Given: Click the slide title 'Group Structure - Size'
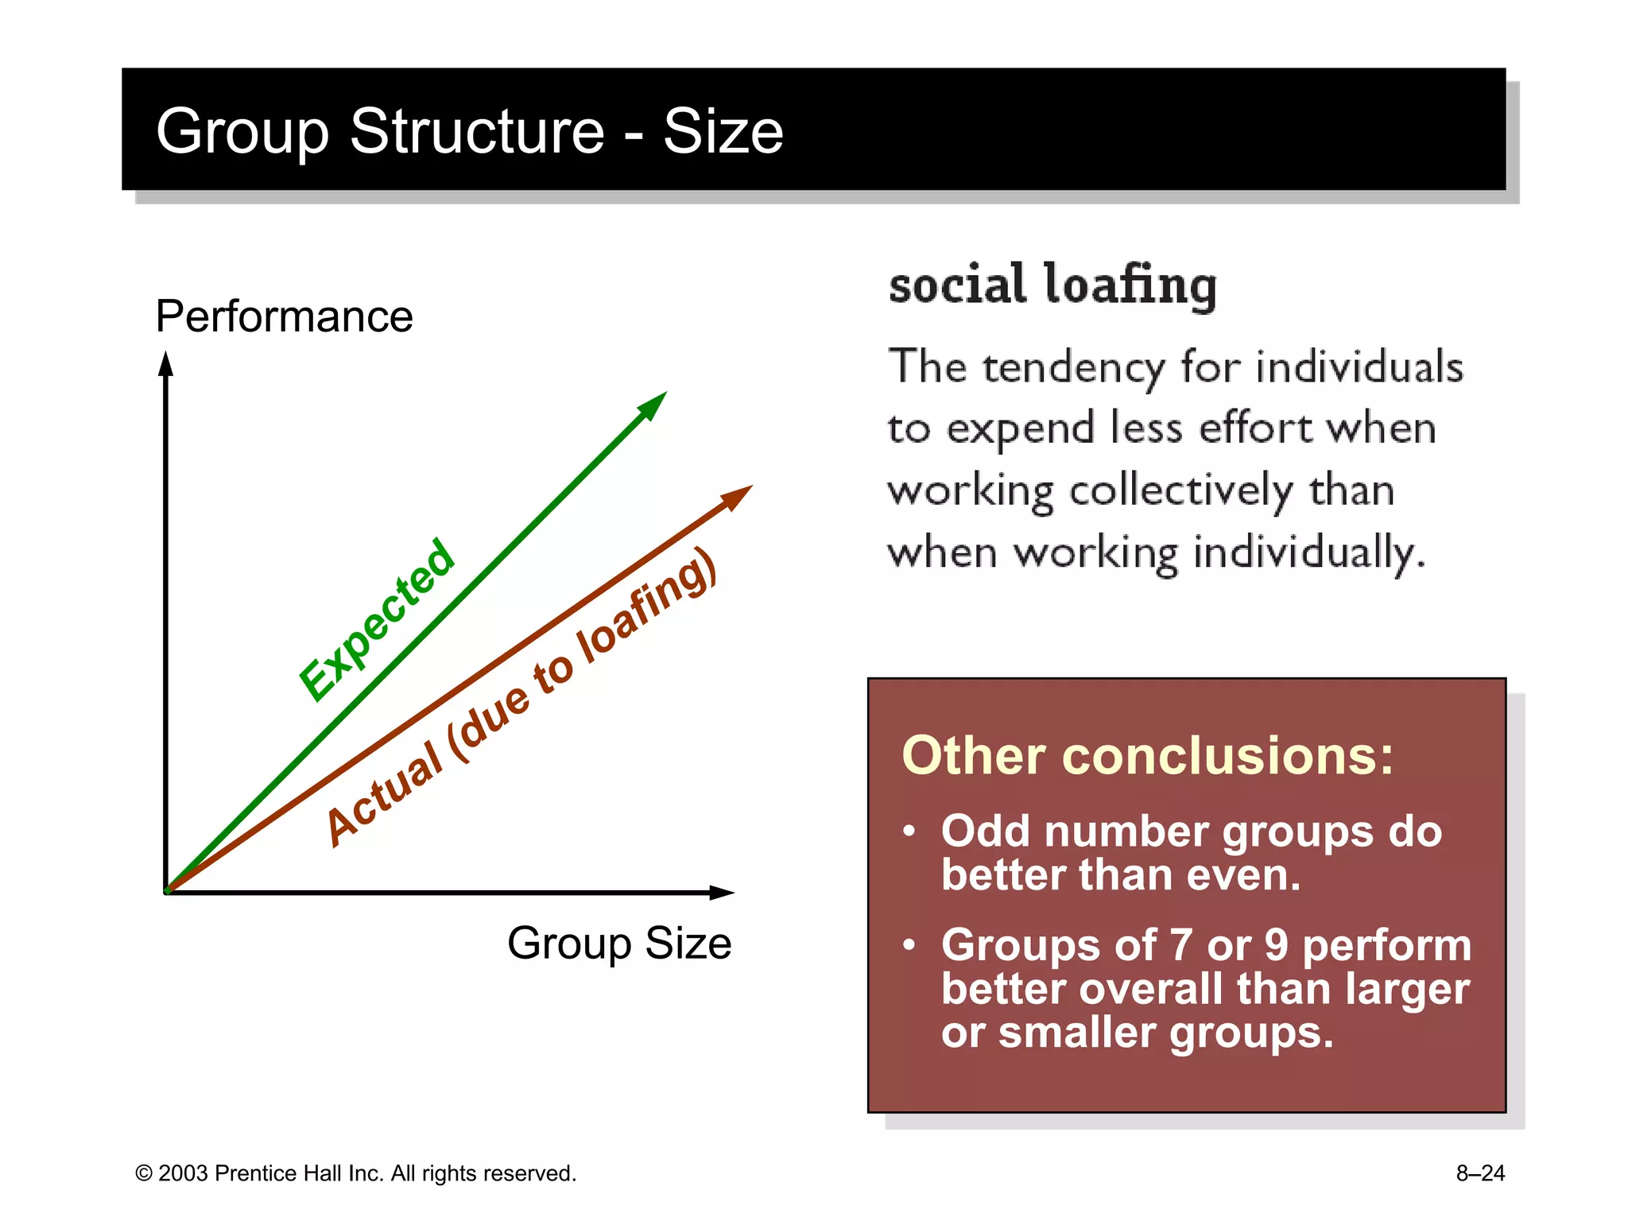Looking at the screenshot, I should click(x=469, y=131).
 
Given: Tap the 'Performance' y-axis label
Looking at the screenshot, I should click(x=284, y=316).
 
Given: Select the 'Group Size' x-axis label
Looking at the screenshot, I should click(x=619, y=944).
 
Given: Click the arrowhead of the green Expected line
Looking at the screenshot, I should click(x=653, y=404).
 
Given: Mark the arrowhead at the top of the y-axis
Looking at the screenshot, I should click(x=165, y=364).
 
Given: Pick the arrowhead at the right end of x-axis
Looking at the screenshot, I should click(x=721, y=893).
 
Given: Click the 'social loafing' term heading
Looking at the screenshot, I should click(x=1052, y=285).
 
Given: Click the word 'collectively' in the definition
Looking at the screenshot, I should click(x=1181, y=491).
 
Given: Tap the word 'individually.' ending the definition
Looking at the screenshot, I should click(x=1309, y=552).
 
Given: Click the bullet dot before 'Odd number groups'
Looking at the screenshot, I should click(x=909, y=832).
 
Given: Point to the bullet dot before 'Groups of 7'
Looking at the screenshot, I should click(x=909, y=945).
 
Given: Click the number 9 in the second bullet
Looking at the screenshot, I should click(x=1276, y=945).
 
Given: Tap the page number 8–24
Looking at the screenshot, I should click(x=1480, y=1173).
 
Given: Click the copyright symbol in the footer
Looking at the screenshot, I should click(x=144, y=1173).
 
